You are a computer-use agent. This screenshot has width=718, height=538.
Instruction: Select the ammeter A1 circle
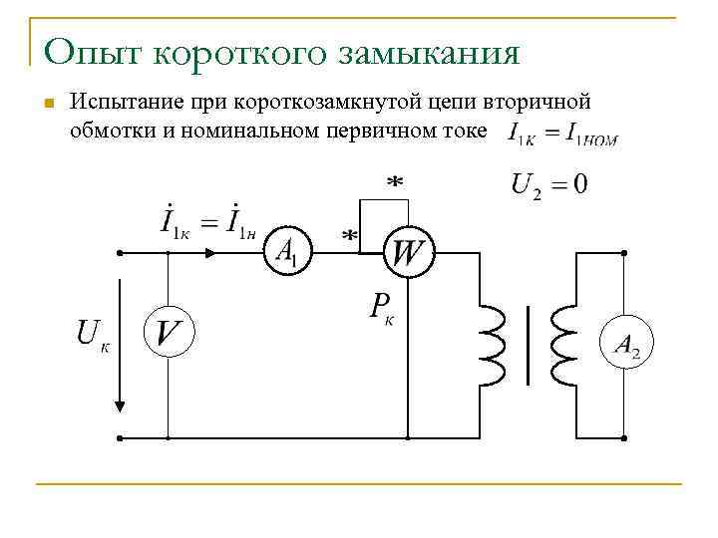[287, 253]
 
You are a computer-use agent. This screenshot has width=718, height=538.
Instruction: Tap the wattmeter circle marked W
[407, 253]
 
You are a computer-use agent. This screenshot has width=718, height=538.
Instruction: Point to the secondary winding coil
[563, 344]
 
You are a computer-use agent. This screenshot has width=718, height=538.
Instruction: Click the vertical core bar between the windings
[528, 345]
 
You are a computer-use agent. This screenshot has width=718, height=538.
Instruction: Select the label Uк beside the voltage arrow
[93, 336]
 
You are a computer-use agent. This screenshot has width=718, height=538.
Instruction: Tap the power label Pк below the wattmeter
[381, 308]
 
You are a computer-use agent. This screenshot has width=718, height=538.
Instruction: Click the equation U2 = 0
[548, 185]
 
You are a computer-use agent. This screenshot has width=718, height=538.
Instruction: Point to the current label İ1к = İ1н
[212, 222]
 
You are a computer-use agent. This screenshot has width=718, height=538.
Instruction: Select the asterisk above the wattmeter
[395, 184]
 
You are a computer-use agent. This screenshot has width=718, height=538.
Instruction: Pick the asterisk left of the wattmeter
[350, 237]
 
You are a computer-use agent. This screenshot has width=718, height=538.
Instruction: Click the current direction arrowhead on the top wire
[209, 253]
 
